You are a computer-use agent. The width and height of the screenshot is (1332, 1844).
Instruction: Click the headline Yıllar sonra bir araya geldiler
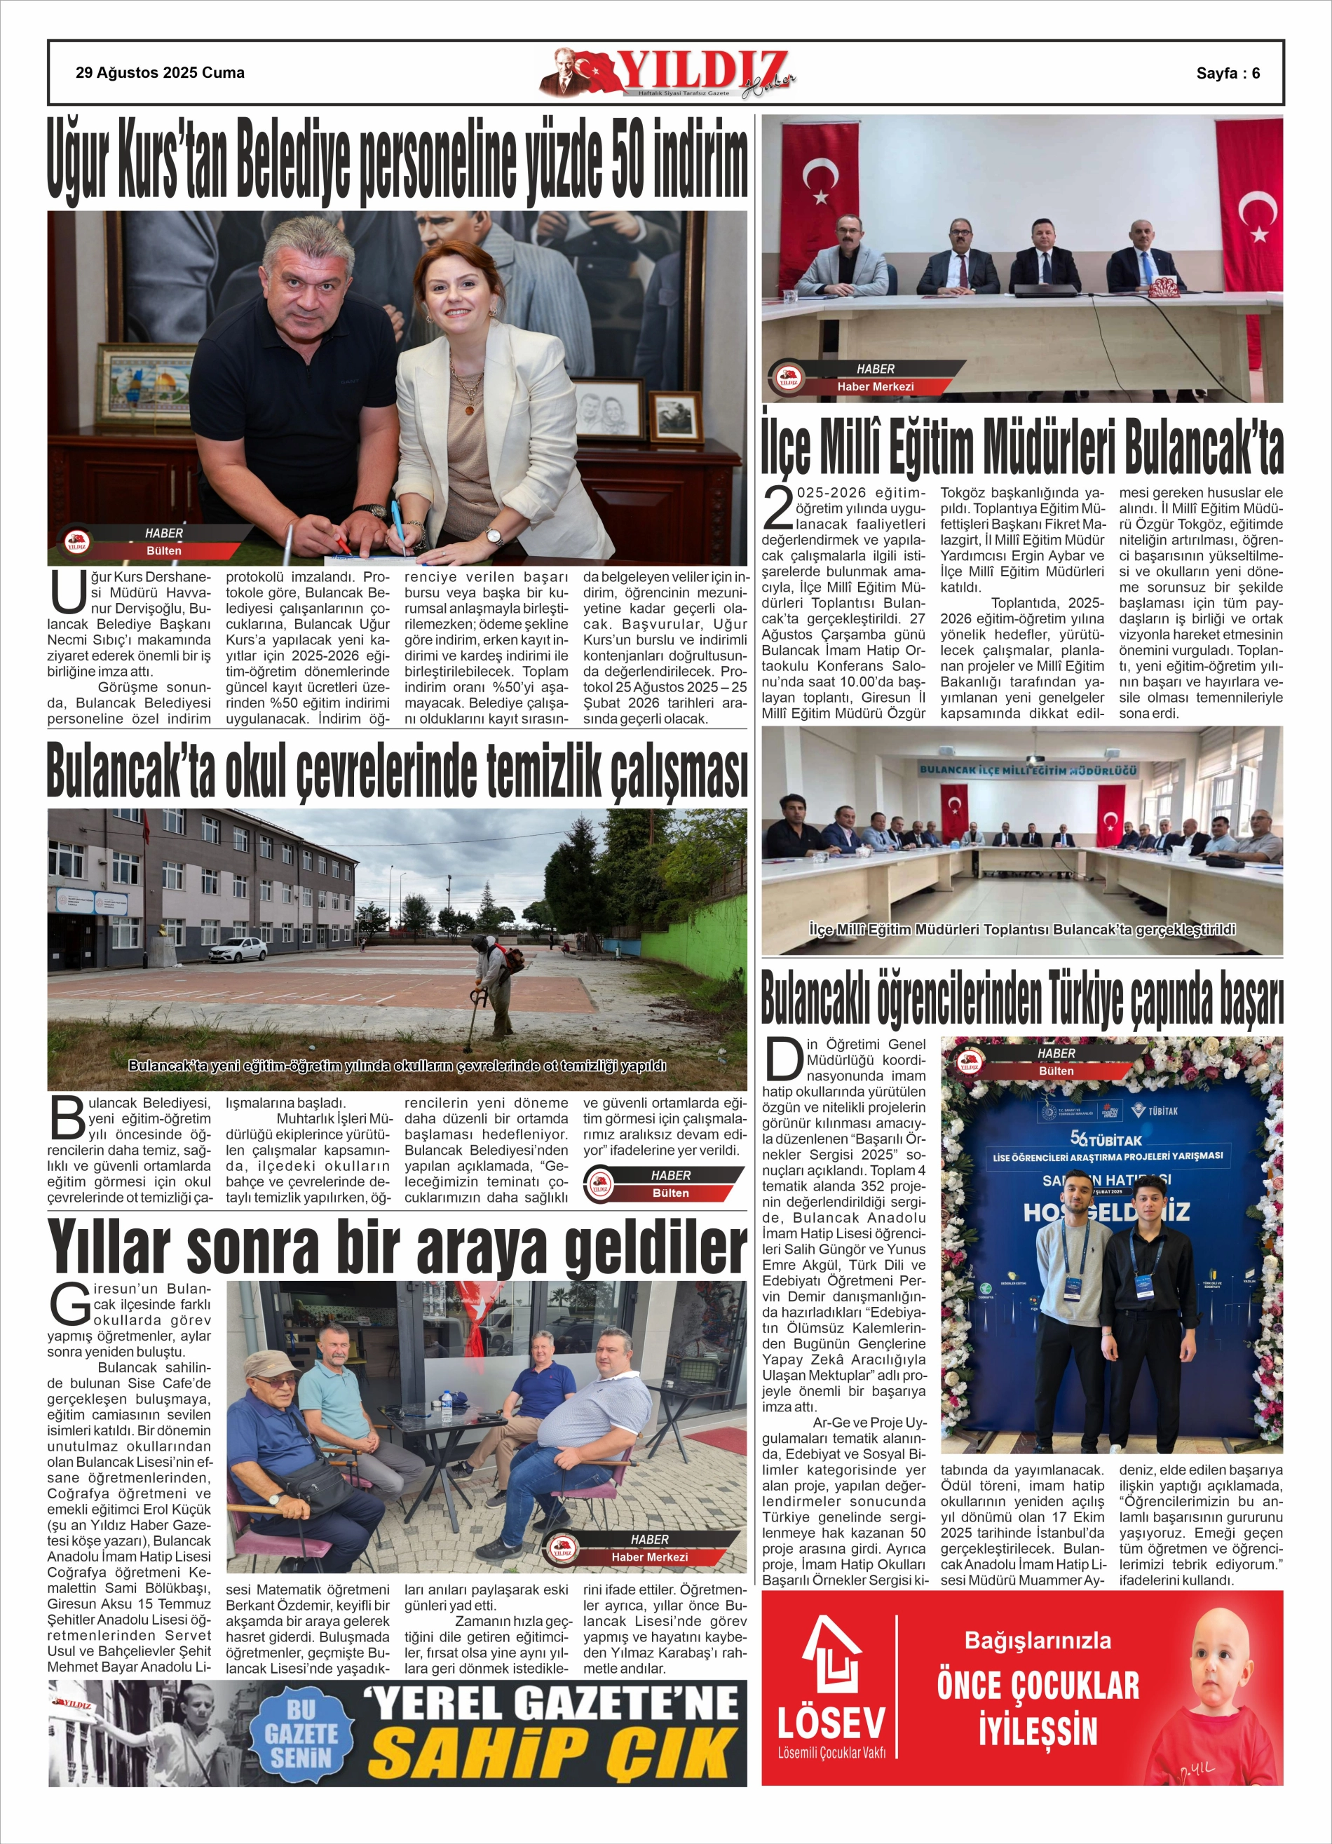click(397, 1247)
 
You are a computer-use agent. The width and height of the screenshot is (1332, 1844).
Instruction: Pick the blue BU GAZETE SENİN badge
click(301, 1734)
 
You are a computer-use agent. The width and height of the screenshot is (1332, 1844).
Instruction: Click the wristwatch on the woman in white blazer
click(494, 536)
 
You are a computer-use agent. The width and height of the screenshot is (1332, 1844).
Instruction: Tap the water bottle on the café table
click(447, 1406)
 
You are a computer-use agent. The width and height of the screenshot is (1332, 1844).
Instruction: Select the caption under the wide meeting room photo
click(1022, 929)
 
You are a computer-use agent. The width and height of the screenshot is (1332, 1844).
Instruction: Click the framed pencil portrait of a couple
click(609, 409)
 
